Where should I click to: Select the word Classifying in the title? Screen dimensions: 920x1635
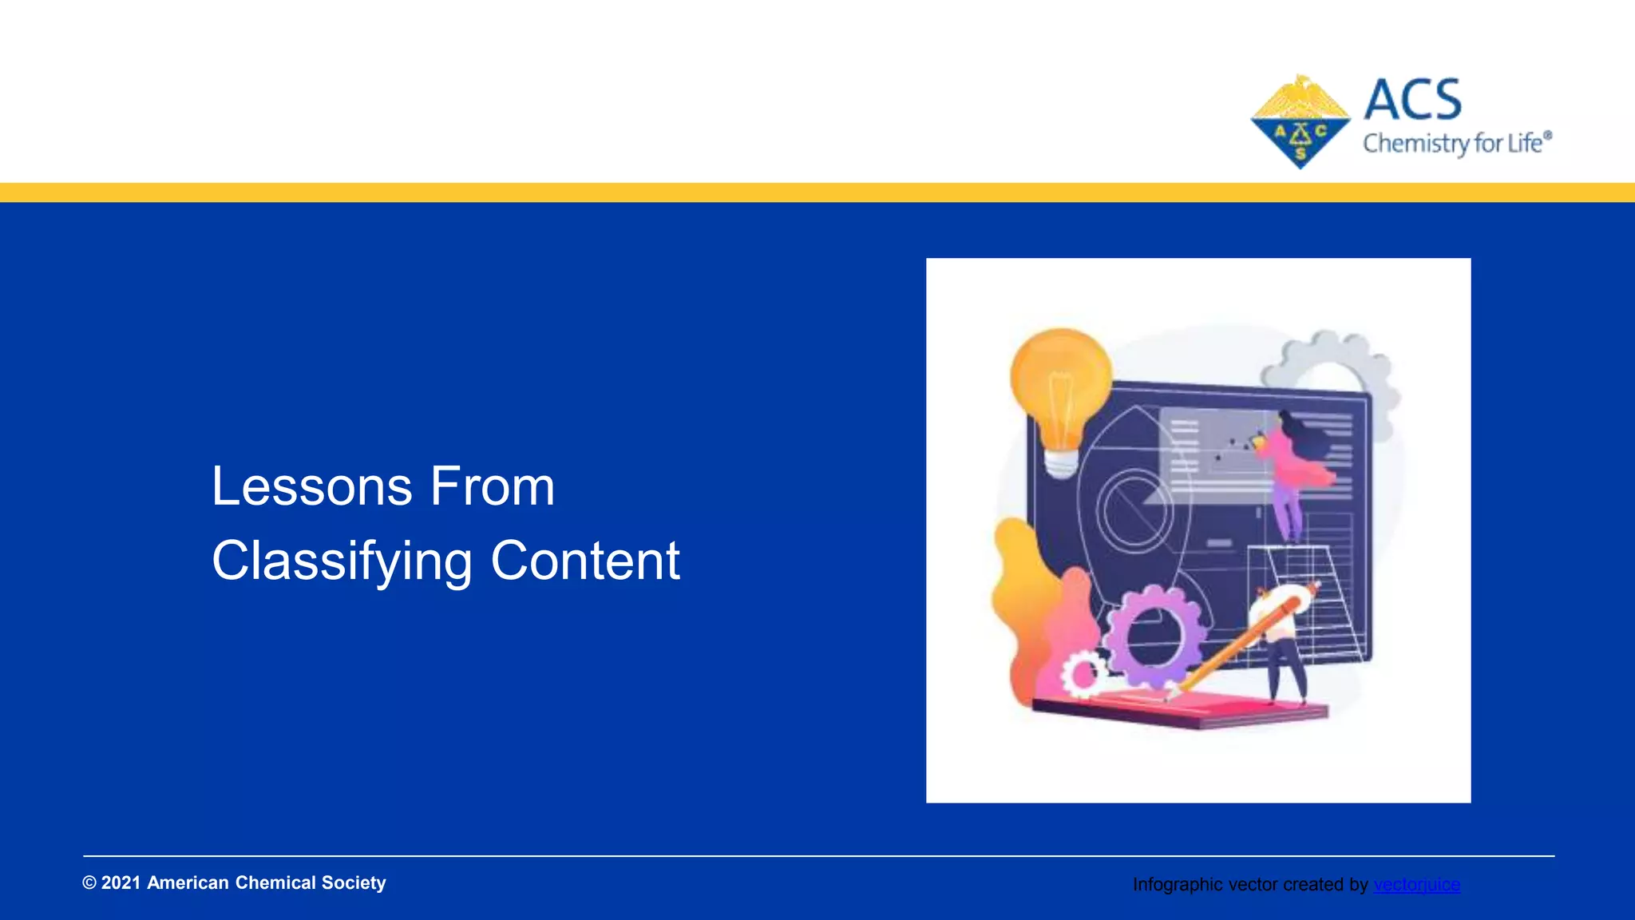(342, 561)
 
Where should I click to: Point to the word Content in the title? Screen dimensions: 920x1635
(584, 561)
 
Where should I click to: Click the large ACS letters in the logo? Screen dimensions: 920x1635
(1412, 101)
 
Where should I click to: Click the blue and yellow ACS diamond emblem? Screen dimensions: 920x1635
(1300, 122)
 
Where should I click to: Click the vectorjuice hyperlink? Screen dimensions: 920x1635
(1416, 885)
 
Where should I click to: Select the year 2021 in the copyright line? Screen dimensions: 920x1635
(121, 882)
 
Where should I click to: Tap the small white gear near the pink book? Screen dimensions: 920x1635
(1083, 675)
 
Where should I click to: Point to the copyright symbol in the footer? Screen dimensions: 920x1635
(89, 882)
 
